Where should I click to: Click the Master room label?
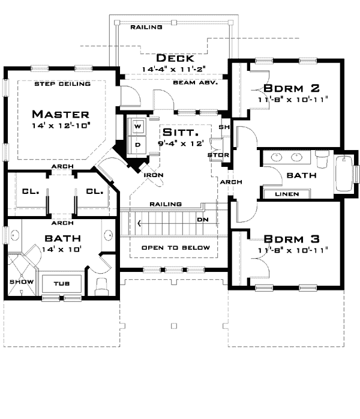point(61,114)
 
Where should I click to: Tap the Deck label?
point(175,58)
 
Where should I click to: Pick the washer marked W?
point(137,127)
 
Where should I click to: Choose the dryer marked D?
point(137,145)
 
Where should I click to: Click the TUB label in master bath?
point(61,284)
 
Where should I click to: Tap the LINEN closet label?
point(286,194)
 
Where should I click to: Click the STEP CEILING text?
point(62,84)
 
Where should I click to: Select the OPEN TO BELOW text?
point(175,248)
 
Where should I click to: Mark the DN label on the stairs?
point(203,220)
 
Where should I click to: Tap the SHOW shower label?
point(16,281)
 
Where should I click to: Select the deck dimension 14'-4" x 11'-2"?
point(175,69)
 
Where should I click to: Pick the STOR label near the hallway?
point(214,155)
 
